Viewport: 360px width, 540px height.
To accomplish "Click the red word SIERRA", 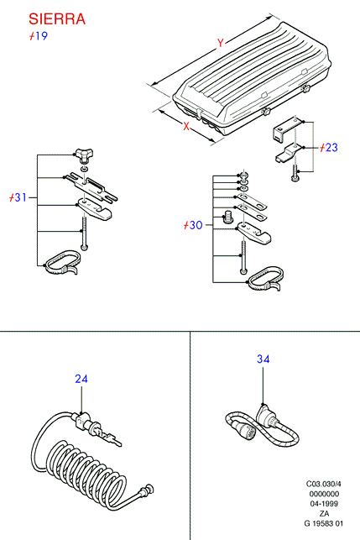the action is tap(57, 19).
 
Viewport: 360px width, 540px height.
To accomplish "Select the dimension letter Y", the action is tap(221, 43).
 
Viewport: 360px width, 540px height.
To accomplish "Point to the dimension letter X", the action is tap(186, 126).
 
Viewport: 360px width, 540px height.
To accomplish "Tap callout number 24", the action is tap(81, 379).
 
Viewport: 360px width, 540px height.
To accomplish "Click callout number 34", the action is tap(263, 359).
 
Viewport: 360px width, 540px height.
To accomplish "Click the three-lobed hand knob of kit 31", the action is tap(84, 155).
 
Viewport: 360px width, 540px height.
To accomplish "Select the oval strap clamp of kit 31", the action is tap(62, 262).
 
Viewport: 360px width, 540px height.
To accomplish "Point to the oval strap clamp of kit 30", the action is tap(265, 278).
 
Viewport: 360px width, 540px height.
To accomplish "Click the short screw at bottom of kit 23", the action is tap(295, 172).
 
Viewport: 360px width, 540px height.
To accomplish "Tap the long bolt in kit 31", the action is tap(84, 233).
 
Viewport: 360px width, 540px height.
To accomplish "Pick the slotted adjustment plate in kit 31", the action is tap(91, 186).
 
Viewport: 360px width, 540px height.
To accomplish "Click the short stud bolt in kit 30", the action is tap(227, 217).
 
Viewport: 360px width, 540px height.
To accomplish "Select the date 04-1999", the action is tap(324, 504).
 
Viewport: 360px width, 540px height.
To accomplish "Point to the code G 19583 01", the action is tap(324, 523).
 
